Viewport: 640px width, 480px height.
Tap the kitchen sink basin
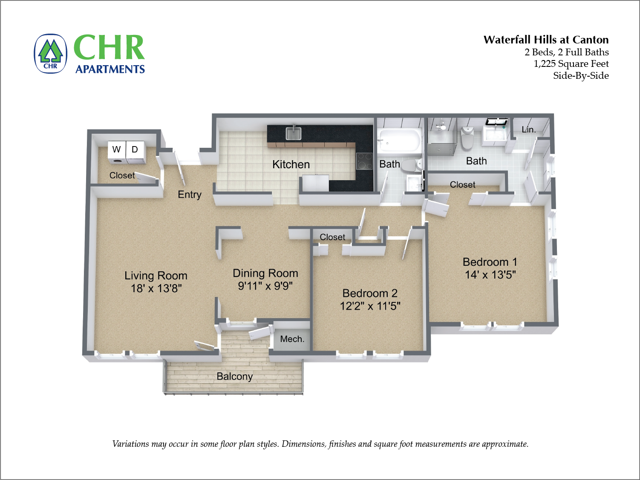(x=293, y=134)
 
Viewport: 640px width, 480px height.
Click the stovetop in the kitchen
(x=364, y=161)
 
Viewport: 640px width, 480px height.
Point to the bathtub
(x=400, y=141)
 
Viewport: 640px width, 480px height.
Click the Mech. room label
(x=292, y=339)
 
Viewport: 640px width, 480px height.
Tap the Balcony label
(x=234, y=377)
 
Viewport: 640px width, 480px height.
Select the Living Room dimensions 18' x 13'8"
(x=156, y=288)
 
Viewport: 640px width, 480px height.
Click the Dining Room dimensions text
(x=265, y=286)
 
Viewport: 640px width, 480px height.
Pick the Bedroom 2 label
(x=370, y=293)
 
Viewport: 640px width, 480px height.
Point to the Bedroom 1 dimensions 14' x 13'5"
(x=490, y=275)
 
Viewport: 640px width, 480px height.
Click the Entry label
(x=190, y=195)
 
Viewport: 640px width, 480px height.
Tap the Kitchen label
(x=291, y=165)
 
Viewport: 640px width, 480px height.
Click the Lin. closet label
(x=529, y=130)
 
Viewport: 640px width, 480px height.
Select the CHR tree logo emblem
(x=51, y=54)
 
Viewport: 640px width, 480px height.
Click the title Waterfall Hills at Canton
(x=546, y=40)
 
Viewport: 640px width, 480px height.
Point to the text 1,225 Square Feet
(x=571, y=63)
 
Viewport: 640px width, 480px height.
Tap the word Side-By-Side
(x=581, y=75)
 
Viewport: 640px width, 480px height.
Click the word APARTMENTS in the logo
(x=110, y=69)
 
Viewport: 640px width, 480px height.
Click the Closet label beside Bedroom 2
(x=332, y=237)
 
